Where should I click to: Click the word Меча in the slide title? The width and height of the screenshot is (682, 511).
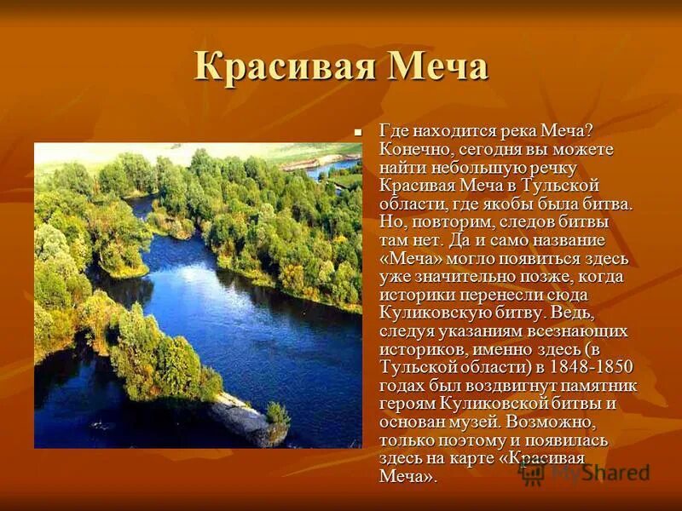point(439,67)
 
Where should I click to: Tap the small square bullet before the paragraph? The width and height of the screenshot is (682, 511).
point(358,131)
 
